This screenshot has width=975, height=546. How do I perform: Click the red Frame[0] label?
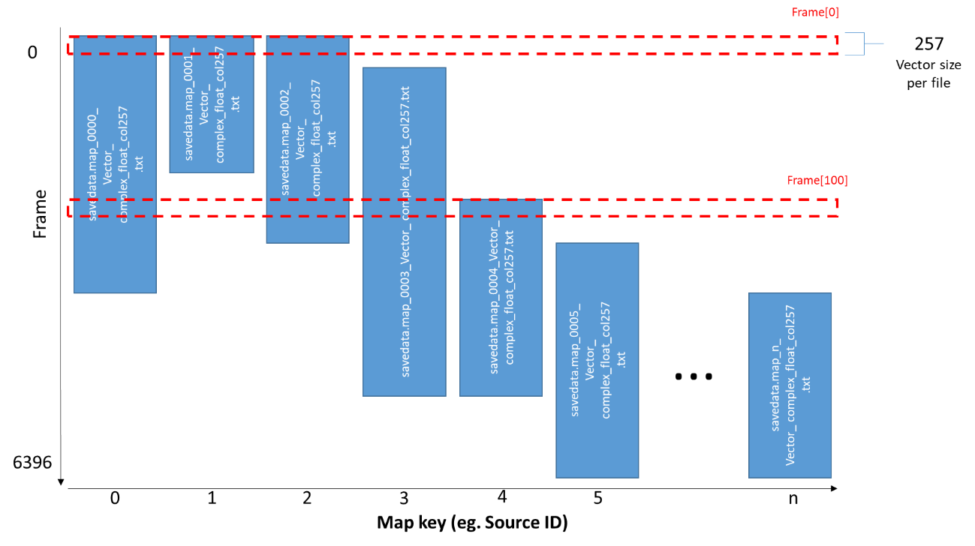tap(815, 13)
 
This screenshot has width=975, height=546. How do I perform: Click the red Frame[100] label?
tap(817, 181)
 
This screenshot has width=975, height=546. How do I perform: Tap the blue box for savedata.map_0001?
tap(212, 104)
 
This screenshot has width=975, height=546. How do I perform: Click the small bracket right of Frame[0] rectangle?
tap(854, 43)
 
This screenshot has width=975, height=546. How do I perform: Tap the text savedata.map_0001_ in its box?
tap(188, 104)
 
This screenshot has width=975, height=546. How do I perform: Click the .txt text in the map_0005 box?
tap(621, 359)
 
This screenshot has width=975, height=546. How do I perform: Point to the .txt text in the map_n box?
tap(806, 385)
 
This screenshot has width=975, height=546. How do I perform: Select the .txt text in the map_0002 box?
tap(332, 139)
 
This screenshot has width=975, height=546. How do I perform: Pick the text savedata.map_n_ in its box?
tap(775, 385)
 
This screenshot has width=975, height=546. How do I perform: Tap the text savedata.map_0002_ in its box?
tap(284, 139)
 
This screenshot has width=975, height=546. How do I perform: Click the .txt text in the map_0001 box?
tap(236, 104)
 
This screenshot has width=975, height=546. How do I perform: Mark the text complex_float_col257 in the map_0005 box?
tap(606, 359)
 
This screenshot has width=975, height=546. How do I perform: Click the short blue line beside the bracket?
tap(874, 43)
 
